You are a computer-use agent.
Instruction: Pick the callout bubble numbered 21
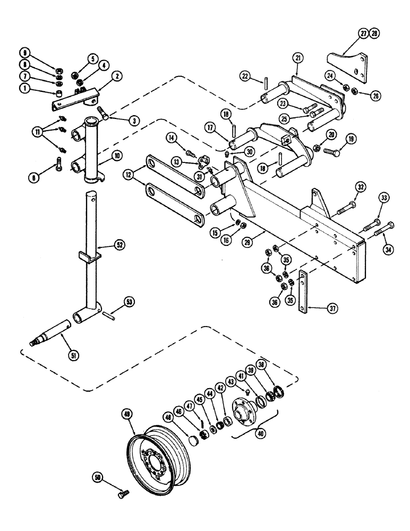(x=298, y=57)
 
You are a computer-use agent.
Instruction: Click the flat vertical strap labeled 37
(x=304, y=290)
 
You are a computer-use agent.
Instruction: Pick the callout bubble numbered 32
(x=361, y=186)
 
